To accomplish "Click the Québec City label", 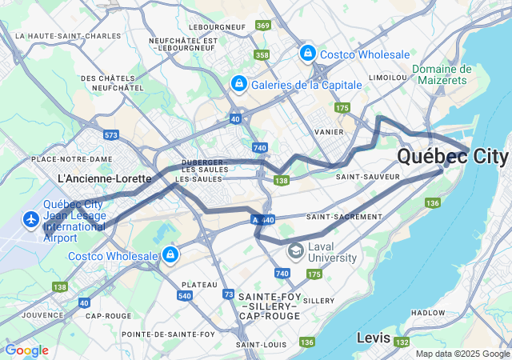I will click(x=453, y=156).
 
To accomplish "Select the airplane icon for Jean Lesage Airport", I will click(x=31, y=219).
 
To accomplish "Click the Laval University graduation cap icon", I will click(x=296, y=251).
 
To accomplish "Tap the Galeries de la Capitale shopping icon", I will click(x=238, y=83).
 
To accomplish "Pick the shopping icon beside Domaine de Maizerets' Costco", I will click(x=307, y=54).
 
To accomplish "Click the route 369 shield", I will click(x=263, y=26).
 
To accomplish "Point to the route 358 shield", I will click(x=262, y=55).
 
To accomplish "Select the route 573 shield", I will click(x=111, y=135).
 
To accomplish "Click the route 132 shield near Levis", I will click(x=400, y=342).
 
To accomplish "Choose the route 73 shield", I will click(x=230, y=295).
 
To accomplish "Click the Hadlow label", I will click(x=427, y=313).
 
